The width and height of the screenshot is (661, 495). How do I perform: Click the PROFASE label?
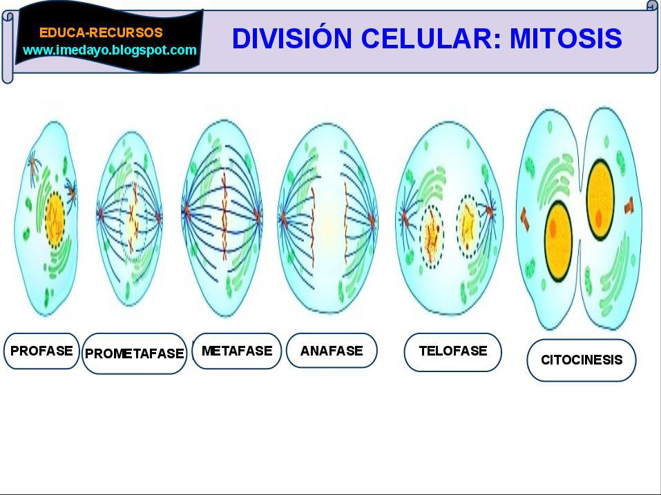tap(41, 351)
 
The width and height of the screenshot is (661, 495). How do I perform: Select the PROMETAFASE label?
tap(135, 353)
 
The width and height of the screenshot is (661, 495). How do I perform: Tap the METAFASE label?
tap(237, 351)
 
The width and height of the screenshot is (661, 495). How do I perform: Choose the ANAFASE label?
tap(332, 351)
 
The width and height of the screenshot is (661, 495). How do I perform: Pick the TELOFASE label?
tap(453, 351)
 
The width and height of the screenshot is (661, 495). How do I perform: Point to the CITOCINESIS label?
tap(582, 360)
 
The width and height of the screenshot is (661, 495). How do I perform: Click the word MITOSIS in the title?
tap(566, 38)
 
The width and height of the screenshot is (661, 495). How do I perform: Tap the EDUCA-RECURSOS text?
tap(101, 32)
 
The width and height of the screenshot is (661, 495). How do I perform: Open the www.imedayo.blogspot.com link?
tap(110, 50)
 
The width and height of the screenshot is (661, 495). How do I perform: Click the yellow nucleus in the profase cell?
tap(55, 219)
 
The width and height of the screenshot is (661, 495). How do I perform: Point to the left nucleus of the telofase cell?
tap(432, 236)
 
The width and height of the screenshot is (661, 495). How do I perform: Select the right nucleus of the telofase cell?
tap(468, 226)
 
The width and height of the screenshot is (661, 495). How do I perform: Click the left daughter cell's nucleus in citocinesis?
tap(559, 242)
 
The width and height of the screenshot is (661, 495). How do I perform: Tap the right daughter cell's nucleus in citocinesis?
tap(600, 200)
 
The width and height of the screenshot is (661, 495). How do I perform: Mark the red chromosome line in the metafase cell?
tap(224, 215)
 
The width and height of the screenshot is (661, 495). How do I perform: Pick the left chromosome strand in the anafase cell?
tap(313, 228)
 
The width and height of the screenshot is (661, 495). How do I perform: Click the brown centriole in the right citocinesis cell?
tap(629, 205)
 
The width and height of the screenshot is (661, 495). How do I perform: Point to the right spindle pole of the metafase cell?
tap(258, 215)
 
